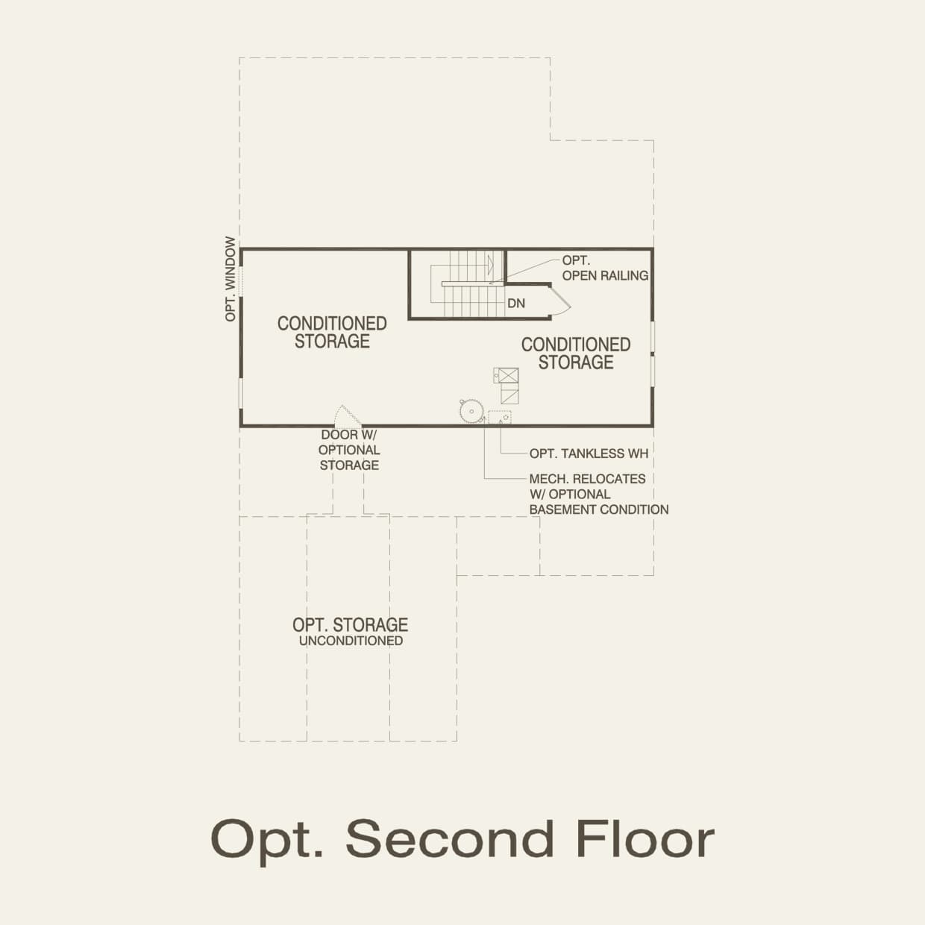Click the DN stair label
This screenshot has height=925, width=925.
coord(516,303)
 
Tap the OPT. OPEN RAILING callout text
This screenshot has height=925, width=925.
coord(604,268)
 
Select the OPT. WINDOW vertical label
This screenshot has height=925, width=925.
coord(231,280)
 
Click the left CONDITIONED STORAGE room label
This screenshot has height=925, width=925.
coord(332,332)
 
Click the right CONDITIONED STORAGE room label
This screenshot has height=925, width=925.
coord(576,353)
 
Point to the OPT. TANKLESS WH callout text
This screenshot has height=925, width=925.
coord(588,454)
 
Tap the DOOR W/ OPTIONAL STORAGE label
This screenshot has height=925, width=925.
coord(349,450)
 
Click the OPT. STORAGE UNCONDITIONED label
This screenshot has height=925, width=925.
coord(350,631)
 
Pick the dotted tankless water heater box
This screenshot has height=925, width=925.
coord(500,417)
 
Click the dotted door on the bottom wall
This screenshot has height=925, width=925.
coord(347,416)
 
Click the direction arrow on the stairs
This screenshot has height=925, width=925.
coord(490,264)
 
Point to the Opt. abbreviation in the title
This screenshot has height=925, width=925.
coord(267,840)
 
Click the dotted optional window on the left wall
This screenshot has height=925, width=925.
coord(240,280)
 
